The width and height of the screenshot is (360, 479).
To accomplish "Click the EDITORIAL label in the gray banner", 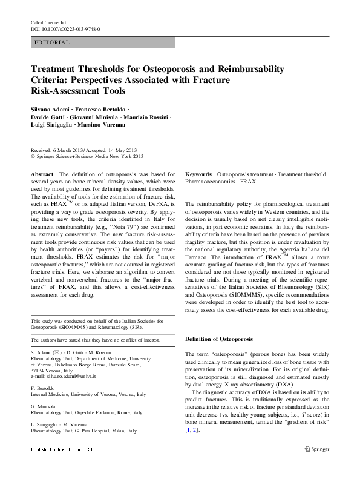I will (x=53, y=42).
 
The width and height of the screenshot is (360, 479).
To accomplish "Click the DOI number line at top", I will (x=65, y=28).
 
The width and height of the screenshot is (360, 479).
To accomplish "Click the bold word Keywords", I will (x=198, y=173).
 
